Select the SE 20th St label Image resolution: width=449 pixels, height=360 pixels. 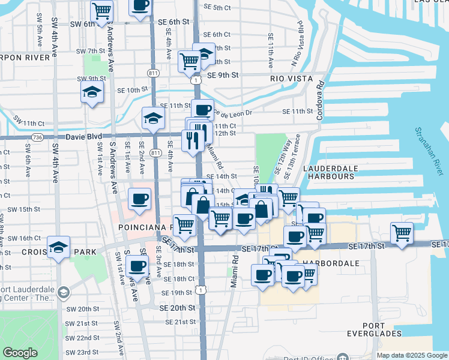coord(178,307)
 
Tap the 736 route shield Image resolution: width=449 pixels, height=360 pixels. coord(38,137)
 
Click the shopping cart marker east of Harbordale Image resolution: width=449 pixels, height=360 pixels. coord(402,233)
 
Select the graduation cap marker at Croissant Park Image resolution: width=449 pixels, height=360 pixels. coord(59,247)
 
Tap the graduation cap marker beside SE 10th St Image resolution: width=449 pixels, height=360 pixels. coord(92,92)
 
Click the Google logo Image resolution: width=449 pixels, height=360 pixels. coord(20,352)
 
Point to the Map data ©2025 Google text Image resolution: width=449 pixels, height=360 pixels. coord(412,355)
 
